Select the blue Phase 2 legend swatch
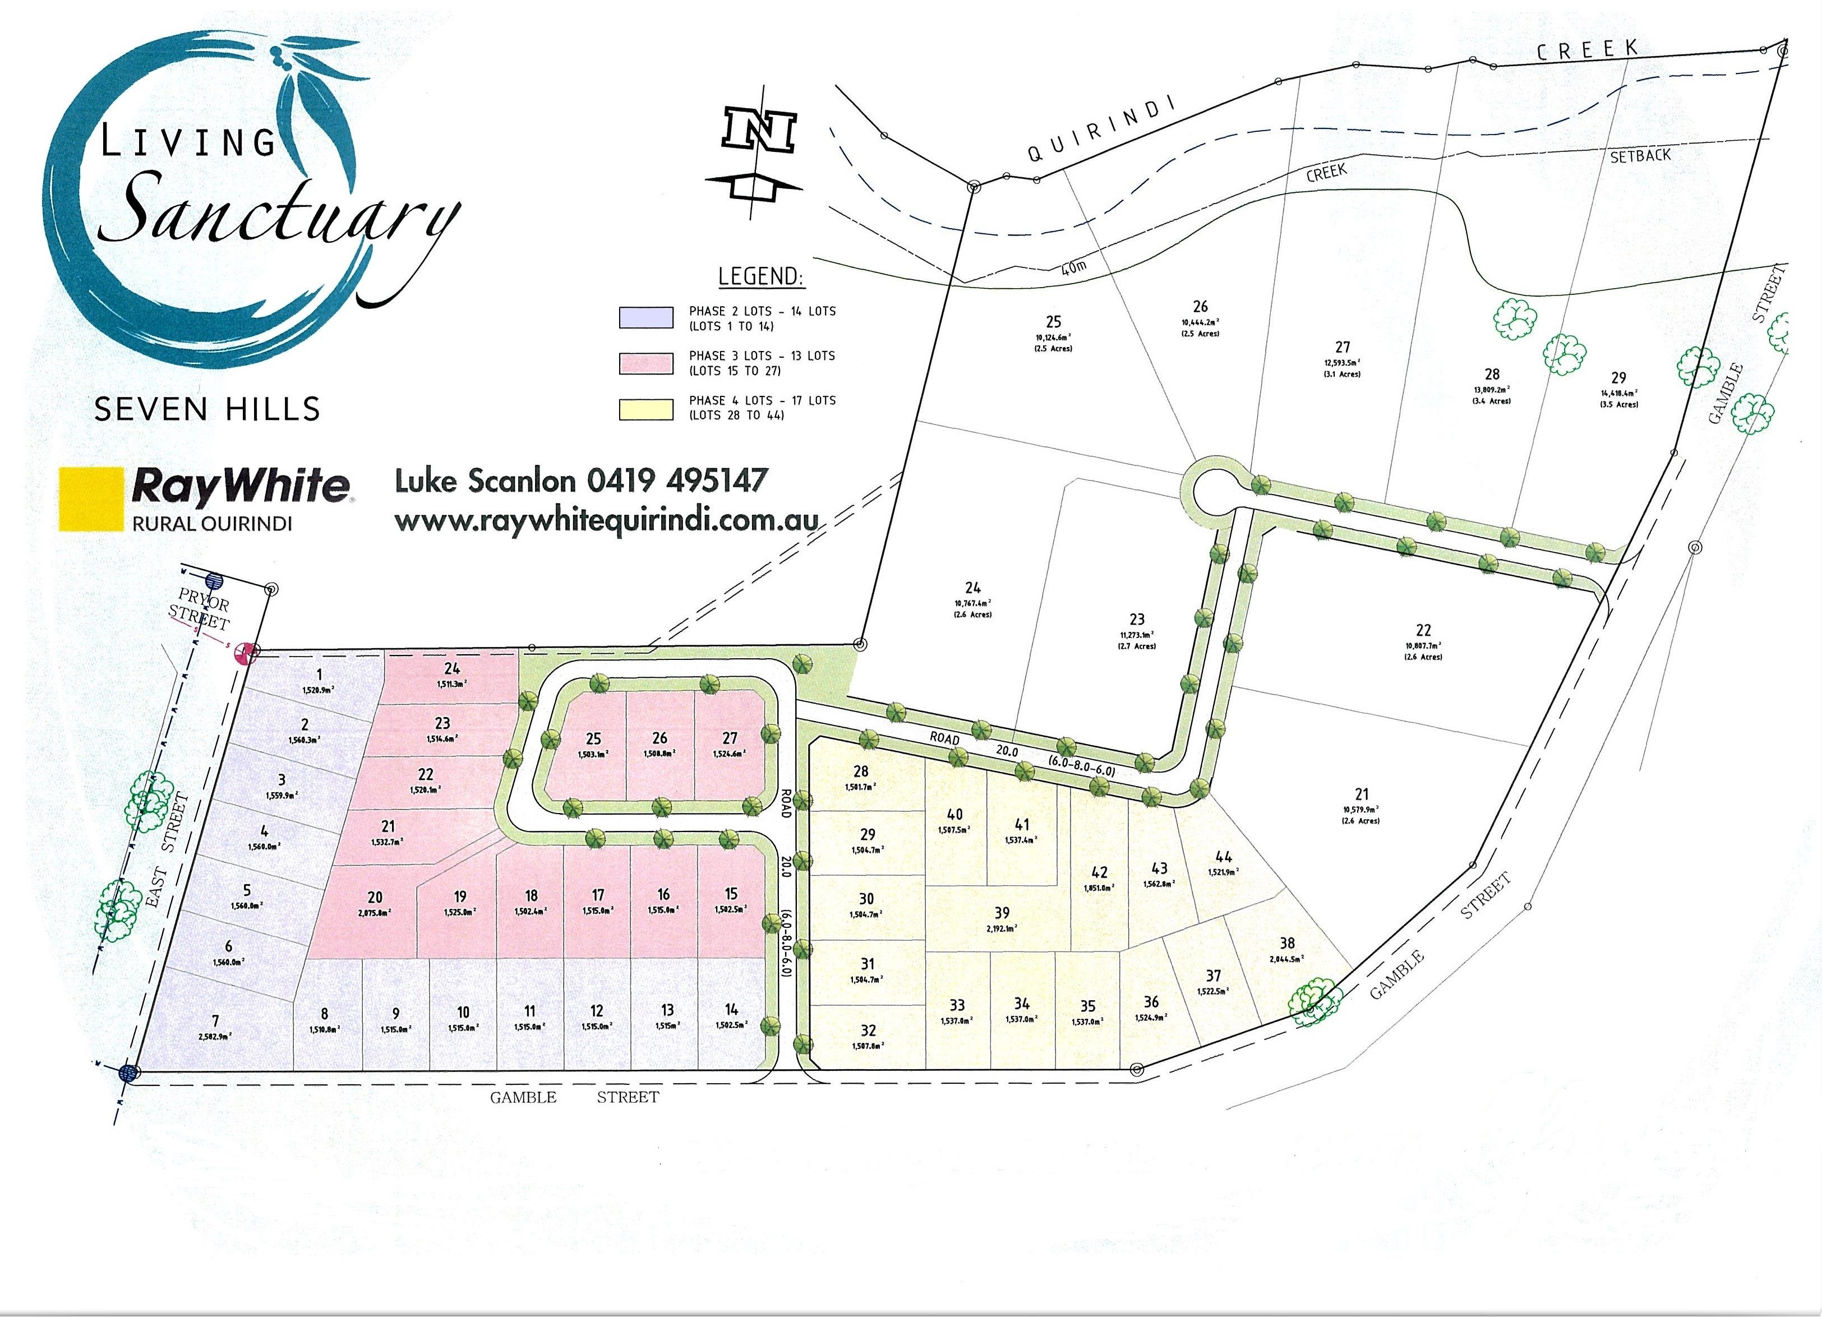tap(645, 318)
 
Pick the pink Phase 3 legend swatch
tap(645, 363)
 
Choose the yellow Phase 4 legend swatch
tap(645, 408)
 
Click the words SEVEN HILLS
tap(207, 409)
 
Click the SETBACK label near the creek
tap(1640, 156)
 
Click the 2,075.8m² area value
tap(375, 913)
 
